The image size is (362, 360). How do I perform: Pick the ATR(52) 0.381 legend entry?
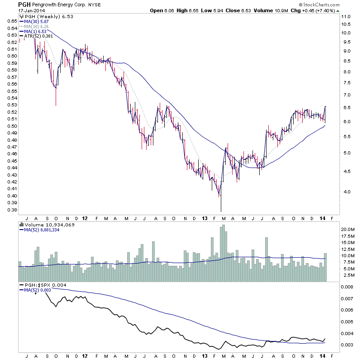pyautogui.click(x=37, y=35)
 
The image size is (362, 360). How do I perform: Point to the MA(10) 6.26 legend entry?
pyautogui.click(x=35, y=26)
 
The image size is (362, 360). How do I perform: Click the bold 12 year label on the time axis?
pyautogui.click(x=85, y=218)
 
